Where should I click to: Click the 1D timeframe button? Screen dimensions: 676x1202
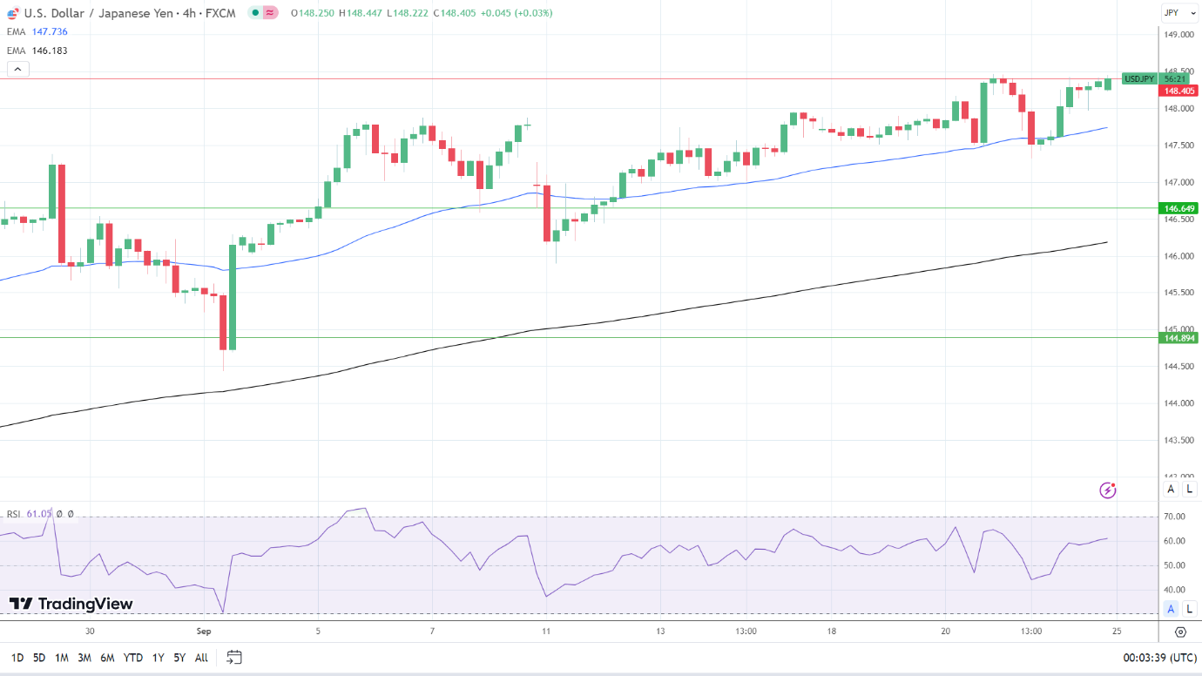(17, 658)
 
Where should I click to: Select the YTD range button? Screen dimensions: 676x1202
(133, 658)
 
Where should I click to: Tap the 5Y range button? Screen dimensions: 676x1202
(179, 658)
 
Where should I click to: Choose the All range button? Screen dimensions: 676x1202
(201, 658)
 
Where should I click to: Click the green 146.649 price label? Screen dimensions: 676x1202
(1178, 208)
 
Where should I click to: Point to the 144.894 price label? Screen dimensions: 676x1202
(1178, 337)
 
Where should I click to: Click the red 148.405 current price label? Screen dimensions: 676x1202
(1178, 91)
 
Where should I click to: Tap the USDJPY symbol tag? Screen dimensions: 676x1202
(1139, 78)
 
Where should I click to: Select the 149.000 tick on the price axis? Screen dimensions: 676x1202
(1178, 35)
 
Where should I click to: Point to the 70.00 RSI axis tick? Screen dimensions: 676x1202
(1175, 517)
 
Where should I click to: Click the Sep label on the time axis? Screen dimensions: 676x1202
(204, 631)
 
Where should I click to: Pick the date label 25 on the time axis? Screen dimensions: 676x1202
(1116, 631)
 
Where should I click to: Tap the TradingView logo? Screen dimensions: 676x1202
(71, 604)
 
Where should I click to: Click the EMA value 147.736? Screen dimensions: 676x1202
(50, 31)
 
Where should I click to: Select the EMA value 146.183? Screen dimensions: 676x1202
(50, 51)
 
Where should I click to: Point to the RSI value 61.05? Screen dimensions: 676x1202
(39, 514)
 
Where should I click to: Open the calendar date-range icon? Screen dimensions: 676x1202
(233, 658)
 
